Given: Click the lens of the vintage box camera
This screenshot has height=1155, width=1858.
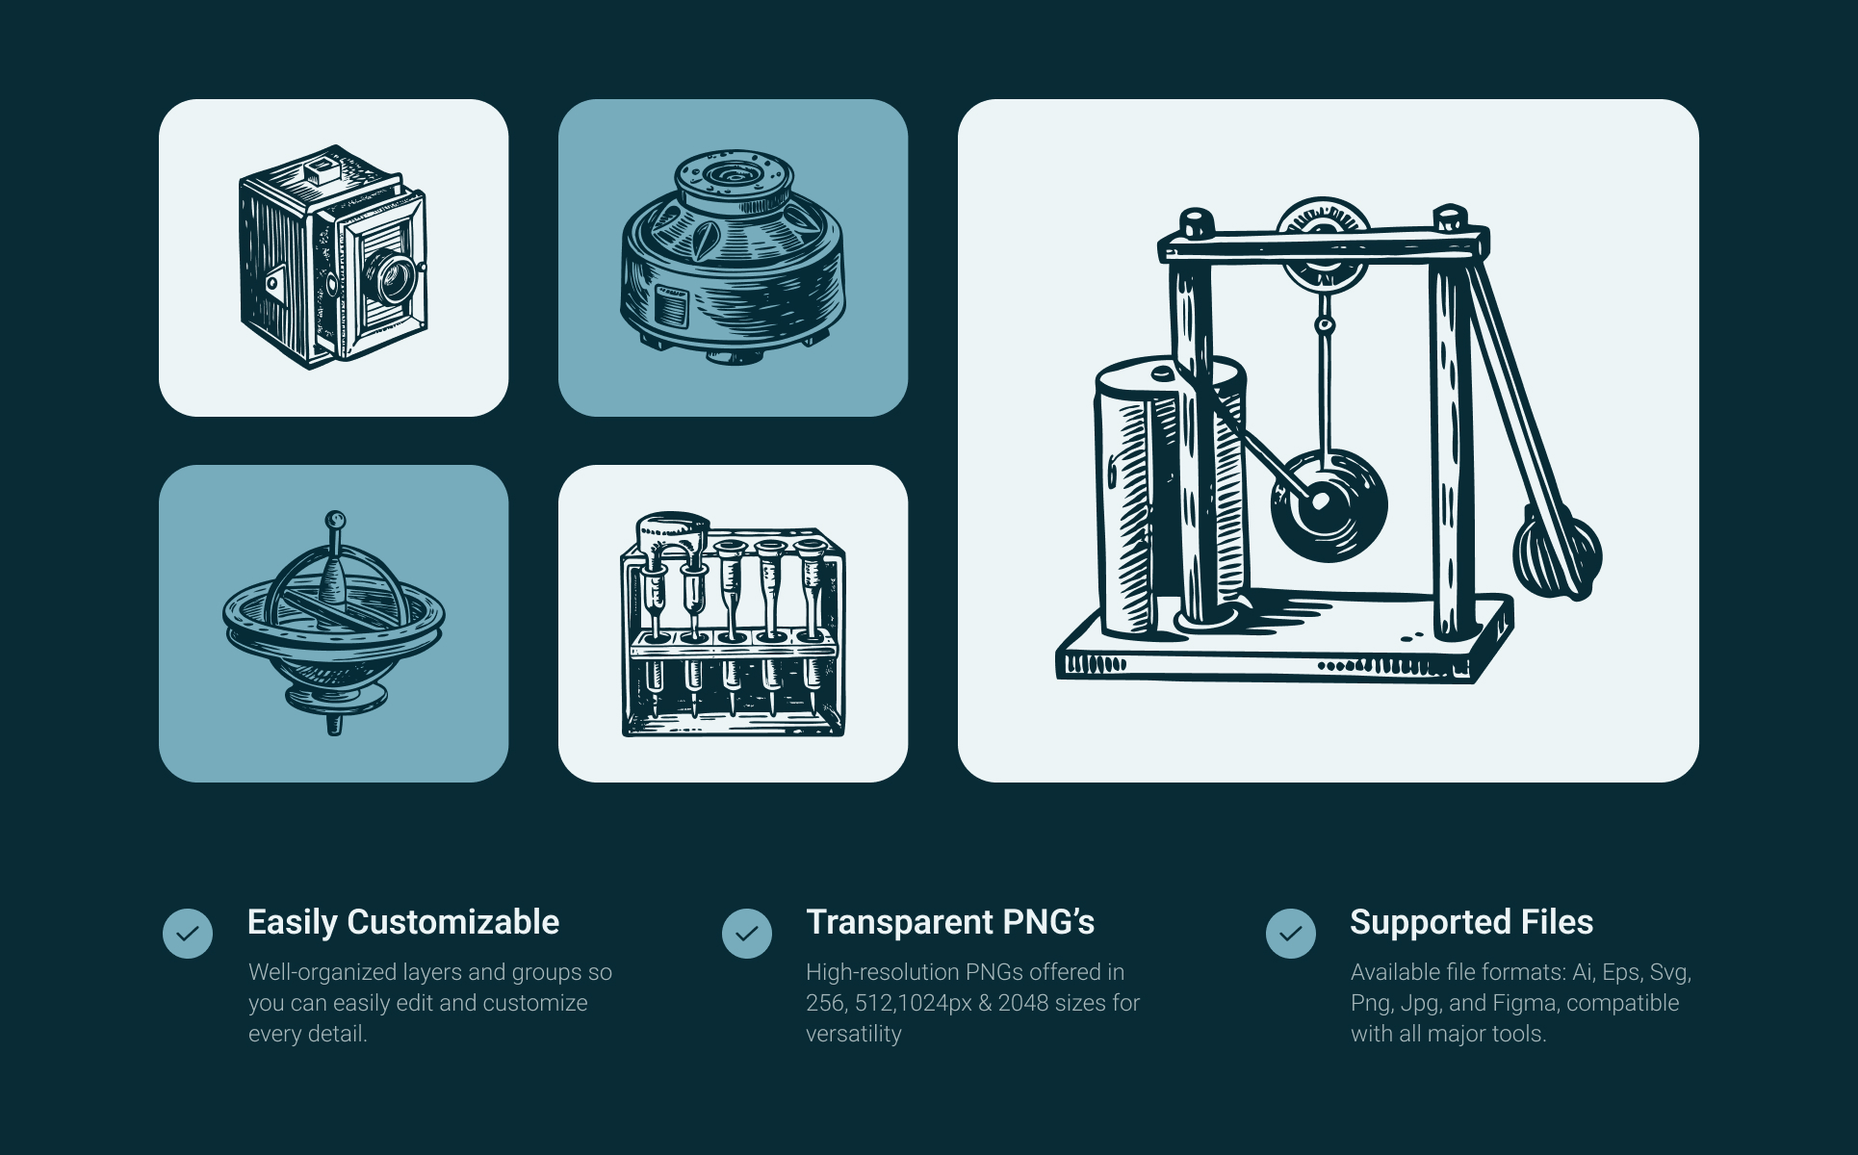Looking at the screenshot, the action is click(392, 276).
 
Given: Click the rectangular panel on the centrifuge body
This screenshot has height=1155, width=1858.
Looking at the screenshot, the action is click(672, 308).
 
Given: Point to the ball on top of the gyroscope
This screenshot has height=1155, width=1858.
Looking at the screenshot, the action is click(335, 521).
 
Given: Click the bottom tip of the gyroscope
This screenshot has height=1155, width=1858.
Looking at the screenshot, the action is click(334, 732).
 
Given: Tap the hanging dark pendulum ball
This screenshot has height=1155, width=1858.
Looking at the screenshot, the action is click(1329, 504).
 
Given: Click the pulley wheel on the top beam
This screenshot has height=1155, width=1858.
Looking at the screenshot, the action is click(1323, 242).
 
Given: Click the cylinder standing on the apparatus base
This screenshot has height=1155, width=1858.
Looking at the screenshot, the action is click(1170, 495).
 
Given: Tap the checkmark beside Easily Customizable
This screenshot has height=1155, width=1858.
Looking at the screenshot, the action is click(188, 934).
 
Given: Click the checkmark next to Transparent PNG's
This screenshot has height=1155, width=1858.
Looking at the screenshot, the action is click(747, 934).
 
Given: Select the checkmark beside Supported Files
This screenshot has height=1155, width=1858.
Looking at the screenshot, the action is click(1291, 934).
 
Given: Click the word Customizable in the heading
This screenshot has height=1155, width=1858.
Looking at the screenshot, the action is click(452, 922).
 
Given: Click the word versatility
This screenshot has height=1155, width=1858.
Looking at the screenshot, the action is click(854, 1034).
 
